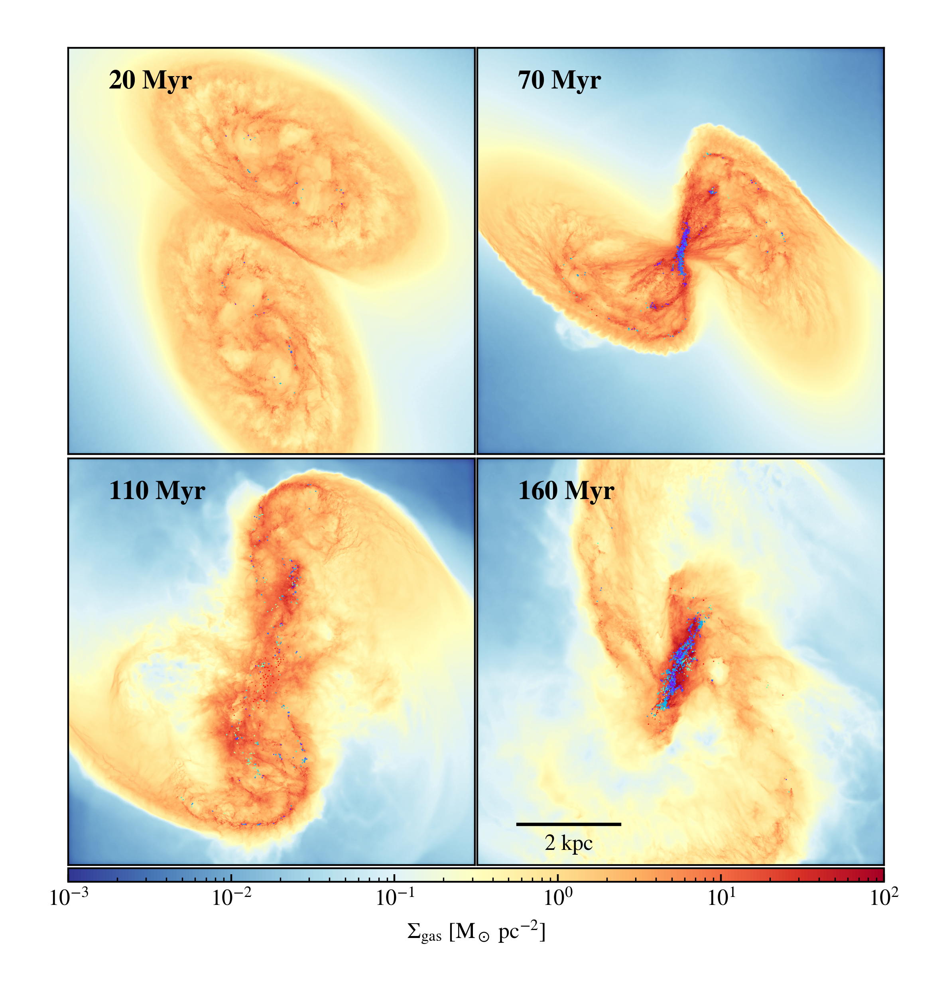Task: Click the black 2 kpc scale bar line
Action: click(569, 824)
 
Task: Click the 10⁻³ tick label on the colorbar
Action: click(68, 899)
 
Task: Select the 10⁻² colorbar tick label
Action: click(231, 899)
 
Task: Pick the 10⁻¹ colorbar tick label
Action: click(395, 899)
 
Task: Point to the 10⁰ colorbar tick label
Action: click(558, 899)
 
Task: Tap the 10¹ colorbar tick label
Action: click(721, 899)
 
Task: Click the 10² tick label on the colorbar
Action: click(883, 899)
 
